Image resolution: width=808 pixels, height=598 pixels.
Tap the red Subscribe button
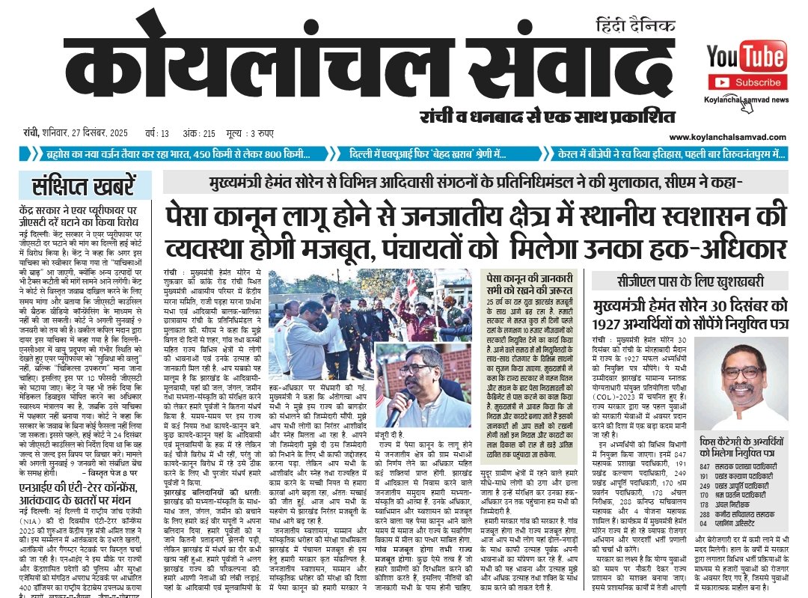click(747, 82)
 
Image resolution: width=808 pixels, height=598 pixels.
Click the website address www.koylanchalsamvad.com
click(737, 137)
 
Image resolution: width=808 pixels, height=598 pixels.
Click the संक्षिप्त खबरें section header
click(85, 184)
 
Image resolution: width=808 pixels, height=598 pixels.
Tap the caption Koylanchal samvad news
click(746, 99)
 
